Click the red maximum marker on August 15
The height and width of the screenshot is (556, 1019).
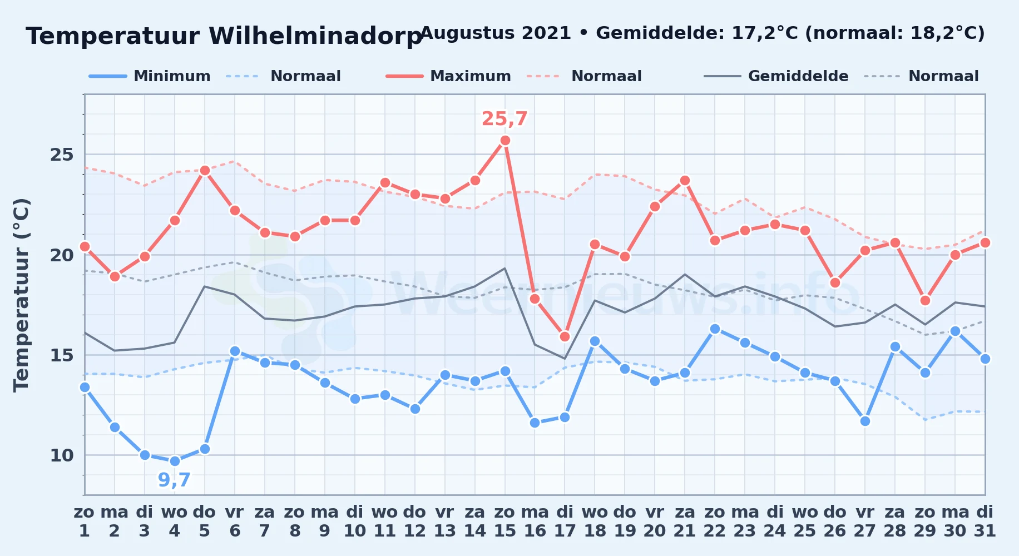click(x=505, y=141)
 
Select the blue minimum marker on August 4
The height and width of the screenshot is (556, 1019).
click(x=175, y=461)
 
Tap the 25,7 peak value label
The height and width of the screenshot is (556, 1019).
click(x=504, y=119)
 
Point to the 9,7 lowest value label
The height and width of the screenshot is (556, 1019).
click(x=174, y=480)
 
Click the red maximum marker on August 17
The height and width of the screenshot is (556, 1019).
click(x=565, y=336)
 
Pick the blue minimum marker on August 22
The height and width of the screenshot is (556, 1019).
click(x=715, y=329)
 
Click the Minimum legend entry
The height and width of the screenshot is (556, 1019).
click(x=150, y=76)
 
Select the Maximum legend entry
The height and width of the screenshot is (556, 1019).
click(x=448, y=76)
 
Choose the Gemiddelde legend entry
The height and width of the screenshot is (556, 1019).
click(x=776, y=76)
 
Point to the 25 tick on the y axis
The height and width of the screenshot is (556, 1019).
click(x=62, y=155)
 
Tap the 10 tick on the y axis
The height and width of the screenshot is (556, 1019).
click(x=62, y=455)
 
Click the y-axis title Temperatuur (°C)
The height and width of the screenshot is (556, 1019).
click(x=21, y=295)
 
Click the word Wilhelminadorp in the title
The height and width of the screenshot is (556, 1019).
click(x=315, y=36)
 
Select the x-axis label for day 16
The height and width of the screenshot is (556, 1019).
click(x=535, y=521)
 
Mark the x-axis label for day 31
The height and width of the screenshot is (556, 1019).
click(x=985, y=521)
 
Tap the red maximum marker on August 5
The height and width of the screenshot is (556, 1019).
click(x=205, y=171)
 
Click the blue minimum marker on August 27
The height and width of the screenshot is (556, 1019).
click(x=865, y=421)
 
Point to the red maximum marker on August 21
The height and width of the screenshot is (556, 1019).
click(x=685, y=181)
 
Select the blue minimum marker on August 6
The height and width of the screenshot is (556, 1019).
click(x=235, y=351)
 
